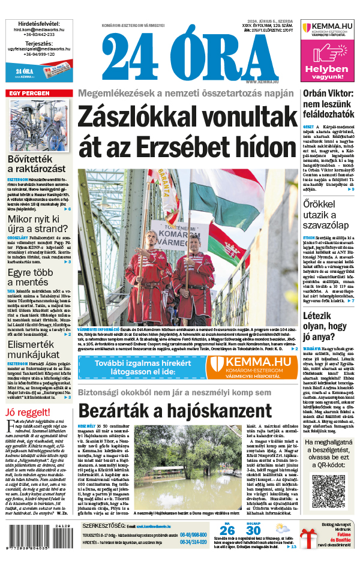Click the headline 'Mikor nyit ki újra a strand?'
point(38,211)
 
